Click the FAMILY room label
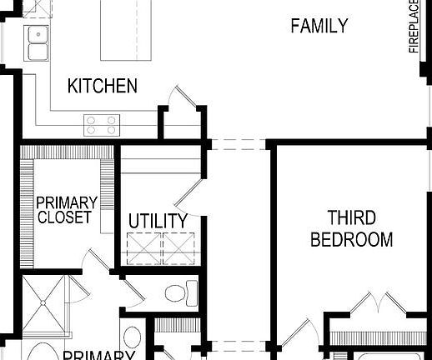coord(319,26)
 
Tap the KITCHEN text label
coord(102,86)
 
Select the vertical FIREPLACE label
coord(414,27)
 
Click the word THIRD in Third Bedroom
coord(351,218)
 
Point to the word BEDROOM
coord(351,240)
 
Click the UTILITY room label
coord(158,221)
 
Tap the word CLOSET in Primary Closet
coord(66,217)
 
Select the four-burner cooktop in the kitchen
coord(101,125)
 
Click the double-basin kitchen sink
coord(36,42)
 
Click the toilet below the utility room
coord(178,292)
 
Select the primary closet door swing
coord(98,259)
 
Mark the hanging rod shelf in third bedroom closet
coord(379,338)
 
